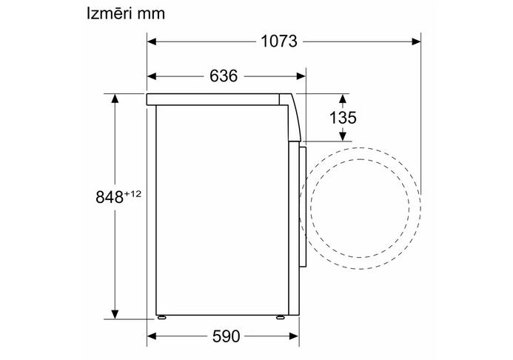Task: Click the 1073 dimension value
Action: click(x=279, y=41)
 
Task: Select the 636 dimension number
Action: click(x=224, y=76)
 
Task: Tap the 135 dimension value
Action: click(x=343, y=118)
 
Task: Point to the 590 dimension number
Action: click(x=226, y=336)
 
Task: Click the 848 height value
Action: click(x=110, y=197)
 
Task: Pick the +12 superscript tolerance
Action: click(x=133, y=194)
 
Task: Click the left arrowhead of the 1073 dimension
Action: click(x=152, y=41)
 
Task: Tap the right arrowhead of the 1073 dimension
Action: click(x=416, y=41)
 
